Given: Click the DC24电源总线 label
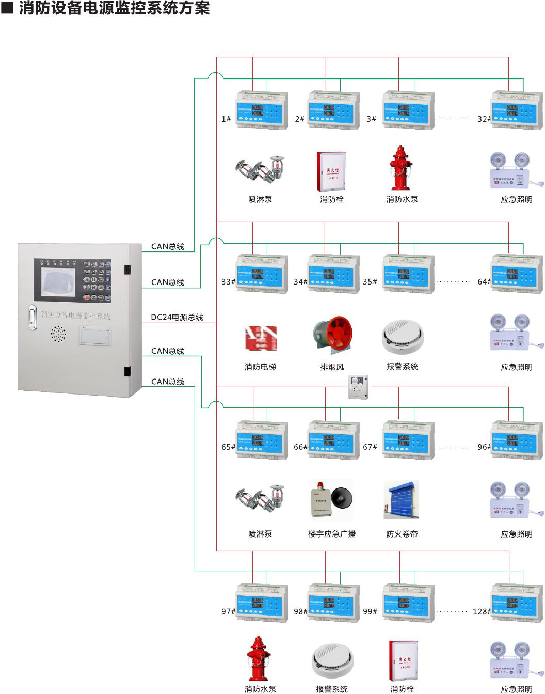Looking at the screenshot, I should (177, 317).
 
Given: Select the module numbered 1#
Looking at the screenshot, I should (262, 110).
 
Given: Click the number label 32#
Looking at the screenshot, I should (484, 119).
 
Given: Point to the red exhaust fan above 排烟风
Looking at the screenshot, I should (333, 336).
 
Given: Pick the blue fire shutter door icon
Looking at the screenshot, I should (401, 500).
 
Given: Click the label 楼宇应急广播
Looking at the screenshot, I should (332, 534).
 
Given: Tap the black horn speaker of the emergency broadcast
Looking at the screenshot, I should (342, 499).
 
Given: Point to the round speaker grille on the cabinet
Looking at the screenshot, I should (58, 334).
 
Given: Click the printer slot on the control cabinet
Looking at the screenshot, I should (95, 336).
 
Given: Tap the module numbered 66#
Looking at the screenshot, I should (333, 440).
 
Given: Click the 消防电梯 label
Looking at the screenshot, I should (260, 367).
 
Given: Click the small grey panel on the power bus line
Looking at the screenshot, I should (358, 387).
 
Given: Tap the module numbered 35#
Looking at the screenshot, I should (408, 274).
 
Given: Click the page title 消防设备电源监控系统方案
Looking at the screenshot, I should (115, 8).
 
